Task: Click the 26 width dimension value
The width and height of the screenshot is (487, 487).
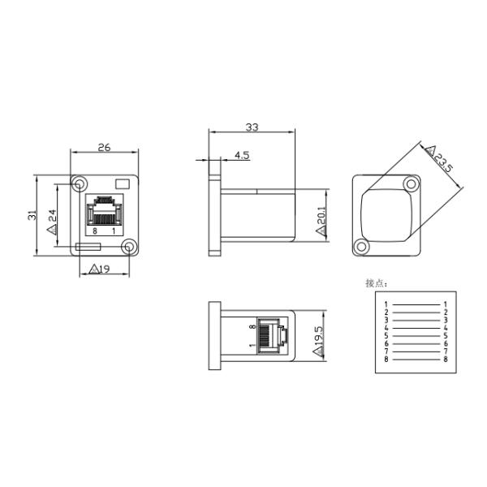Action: (x=103, y=147)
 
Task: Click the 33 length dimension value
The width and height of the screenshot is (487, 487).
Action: (x=252, y=127)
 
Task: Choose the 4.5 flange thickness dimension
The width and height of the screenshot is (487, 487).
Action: (x=242, y=153)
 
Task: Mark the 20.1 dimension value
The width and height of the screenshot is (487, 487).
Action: (x=321, y=217)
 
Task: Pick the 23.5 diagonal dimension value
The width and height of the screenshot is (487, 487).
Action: (x=444, y=162)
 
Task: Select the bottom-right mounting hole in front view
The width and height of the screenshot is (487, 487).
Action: (x=127, y=248)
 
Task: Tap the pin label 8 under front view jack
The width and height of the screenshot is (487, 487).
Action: (x=95, y=231)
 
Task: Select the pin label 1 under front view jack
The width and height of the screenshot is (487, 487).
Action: (x=113, y=231)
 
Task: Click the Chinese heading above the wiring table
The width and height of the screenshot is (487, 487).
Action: (x=377, y=283)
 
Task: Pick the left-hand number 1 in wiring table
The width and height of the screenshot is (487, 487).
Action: (x=387, y=304)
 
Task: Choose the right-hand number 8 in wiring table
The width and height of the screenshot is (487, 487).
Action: (x=446, y=360)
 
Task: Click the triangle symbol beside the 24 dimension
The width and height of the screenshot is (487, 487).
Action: (x=51, y=230)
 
